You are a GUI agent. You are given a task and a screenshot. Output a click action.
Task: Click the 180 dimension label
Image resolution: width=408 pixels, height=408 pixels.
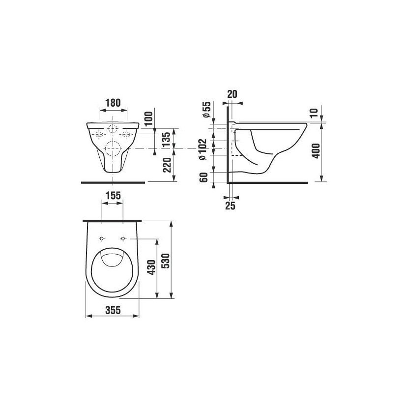pyautogui.click(x=113, y=103)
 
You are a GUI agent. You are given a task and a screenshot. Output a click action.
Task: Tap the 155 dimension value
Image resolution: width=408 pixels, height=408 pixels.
pyautogui.click(x=113, y=195)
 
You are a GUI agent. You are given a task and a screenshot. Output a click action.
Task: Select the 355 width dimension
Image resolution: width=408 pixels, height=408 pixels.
pyautogui.click(x=113, y=310)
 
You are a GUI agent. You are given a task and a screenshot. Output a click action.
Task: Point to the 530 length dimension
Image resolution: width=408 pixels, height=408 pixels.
pyautogui.click(x=166, y=261)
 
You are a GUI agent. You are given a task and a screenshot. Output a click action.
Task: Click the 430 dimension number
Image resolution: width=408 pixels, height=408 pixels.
pyautogui.click(x=151, y=267)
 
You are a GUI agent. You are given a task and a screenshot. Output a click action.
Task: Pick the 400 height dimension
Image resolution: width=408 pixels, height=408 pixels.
pyautogui.click(x=316, y=150)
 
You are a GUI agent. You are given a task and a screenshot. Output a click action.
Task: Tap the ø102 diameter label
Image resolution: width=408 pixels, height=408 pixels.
pyautogui.click(x=203, y=149)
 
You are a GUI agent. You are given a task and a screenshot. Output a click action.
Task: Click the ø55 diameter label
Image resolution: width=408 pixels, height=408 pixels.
pyautogui.click(x=206, y=109)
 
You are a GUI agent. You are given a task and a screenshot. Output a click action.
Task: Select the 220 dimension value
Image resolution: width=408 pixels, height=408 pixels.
pyautogui.click(x=167, y=165)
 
